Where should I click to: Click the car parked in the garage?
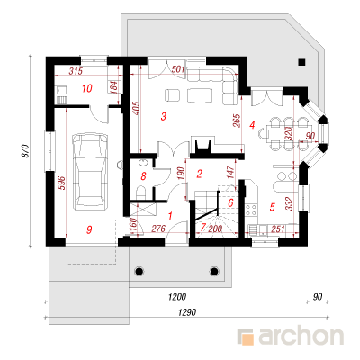click(90, 170)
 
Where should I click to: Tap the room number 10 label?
click(87, 88)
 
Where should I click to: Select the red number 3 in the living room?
click(164, 116)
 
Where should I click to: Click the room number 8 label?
click(143, 176)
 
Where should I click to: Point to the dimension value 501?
click(178, 69)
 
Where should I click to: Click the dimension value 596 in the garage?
click(61, 183)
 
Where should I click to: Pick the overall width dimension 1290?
click(187, 312)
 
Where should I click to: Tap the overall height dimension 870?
click(26, 151)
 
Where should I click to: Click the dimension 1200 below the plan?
click(177, 297)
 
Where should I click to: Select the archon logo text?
click(301, 336)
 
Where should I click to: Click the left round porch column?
click(139, 271)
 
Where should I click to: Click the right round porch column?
click(214, 271)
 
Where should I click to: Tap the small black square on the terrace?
click(301, 62)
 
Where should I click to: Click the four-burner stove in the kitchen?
click(251, 210)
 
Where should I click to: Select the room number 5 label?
click(273, 207)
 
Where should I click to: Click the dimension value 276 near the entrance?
click(158, 229)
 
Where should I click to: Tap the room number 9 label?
click(89, 230)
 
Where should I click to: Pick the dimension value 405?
click(136, 109)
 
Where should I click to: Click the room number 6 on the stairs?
click(230, 203)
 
